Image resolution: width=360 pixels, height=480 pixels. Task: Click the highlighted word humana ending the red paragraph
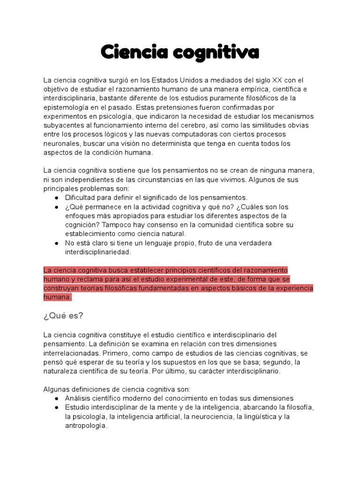[x=57, y=297]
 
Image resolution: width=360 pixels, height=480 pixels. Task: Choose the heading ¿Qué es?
[x=63, y=315]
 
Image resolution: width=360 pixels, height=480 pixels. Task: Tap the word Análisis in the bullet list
[x=79, y=398]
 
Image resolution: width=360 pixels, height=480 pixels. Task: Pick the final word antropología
[x=86, y=425]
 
